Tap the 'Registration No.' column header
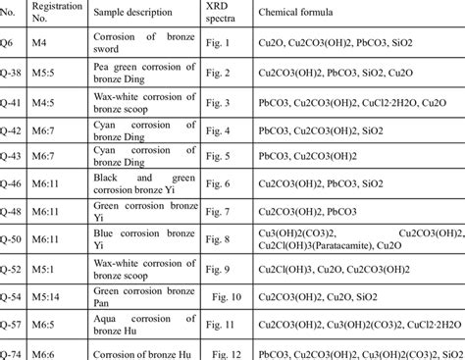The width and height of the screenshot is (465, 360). point(54,17)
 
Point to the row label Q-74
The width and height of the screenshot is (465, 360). point(12,352)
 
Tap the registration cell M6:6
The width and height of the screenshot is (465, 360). point(50,352)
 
